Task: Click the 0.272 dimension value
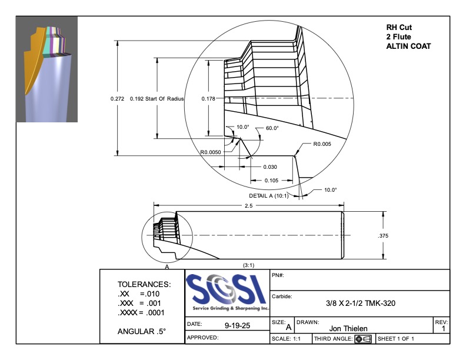[117, 99]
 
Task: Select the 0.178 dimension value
[208, 99]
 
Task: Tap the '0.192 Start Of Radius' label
[157, 99]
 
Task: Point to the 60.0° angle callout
[272, 128]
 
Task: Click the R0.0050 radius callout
[211, 152]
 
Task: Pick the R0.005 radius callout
[322, 144]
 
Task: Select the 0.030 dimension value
[270, 167]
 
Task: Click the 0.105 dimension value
[271, 181]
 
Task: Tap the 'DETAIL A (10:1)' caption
[269, 196]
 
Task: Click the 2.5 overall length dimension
[248, 205]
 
